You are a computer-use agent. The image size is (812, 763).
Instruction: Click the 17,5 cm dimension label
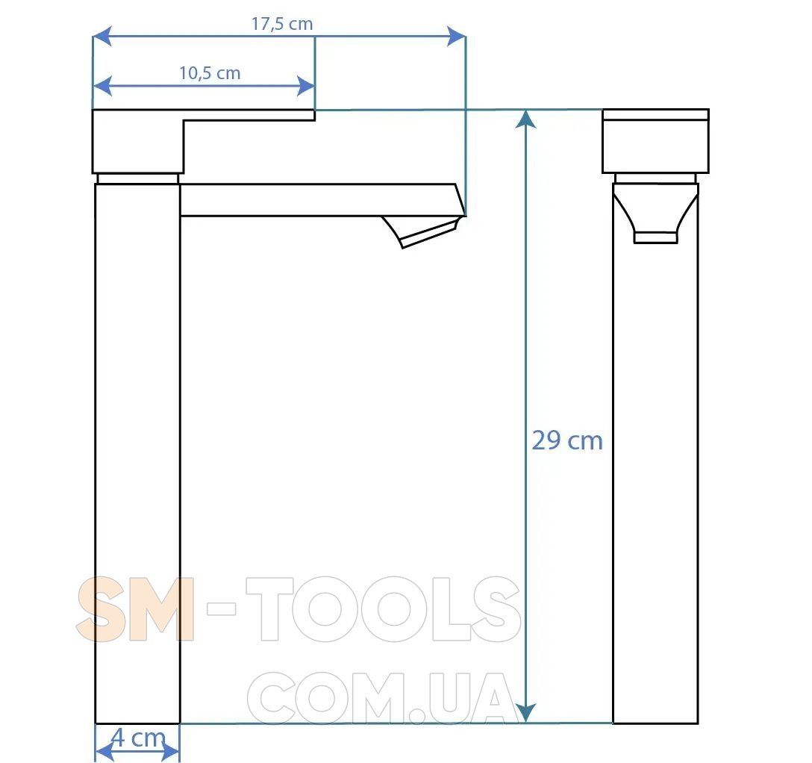click(282, 24)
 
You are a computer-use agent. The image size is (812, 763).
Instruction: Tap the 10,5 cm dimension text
click(210, 73)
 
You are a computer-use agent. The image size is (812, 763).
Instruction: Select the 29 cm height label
click(567, 440)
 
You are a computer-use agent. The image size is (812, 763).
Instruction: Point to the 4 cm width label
click(139, 738)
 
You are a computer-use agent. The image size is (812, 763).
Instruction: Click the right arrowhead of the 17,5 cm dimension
click(456, 37)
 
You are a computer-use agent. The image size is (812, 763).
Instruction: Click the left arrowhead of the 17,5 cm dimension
click(102, 37)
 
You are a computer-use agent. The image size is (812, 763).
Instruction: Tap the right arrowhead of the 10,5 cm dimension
click(305, 86)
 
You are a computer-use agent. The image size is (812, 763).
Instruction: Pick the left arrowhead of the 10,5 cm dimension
click(102, 86)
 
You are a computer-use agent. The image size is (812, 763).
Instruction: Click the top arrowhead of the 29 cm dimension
click(526, 119)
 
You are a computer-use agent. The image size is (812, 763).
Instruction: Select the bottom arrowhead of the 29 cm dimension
click(526, 714)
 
